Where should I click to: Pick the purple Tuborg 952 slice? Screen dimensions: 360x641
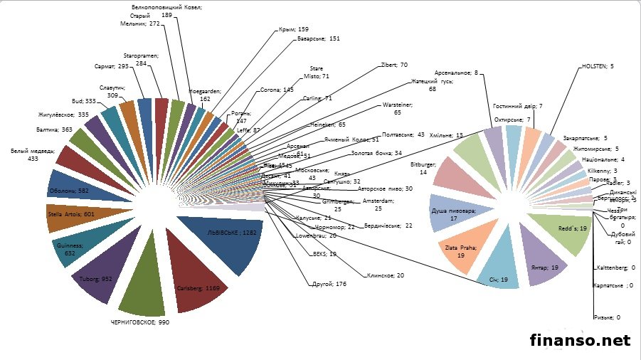tap(100, 274)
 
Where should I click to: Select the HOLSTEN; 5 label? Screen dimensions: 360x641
tap(598, 65)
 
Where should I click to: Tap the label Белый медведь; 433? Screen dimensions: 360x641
tap(24, 154)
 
